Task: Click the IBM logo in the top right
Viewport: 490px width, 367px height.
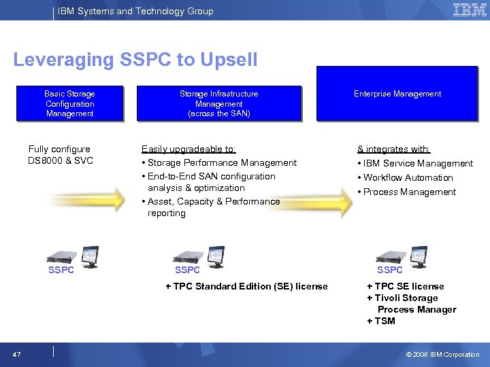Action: [x=470, y=10]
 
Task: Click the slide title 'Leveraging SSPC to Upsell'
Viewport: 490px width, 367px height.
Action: [x=135, y=60]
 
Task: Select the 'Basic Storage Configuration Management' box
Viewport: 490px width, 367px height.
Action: [x=70, y=104]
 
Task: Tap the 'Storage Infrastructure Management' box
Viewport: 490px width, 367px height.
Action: [x=219, y=104]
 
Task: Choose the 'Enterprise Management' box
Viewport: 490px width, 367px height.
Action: [x=397, y=94]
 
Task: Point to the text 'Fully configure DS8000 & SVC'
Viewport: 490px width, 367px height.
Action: [x=60, y=155]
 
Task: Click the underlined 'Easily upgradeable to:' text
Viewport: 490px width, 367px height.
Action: [x=189, y=149]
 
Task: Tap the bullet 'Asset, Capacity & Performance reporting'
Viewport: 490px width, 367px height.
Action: [x=211, y=207]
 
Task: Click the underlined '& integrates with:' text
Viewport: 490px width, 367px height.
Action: [x=394, y=149]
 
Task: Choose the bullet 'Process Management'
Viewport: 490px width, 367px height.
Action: [x=410, y=192]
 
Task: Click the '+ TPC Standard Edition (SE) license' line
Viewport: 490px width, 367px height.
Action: [x=247, y=287]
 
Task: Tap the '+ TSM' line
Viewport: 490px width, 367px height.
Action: [x=381, y=321]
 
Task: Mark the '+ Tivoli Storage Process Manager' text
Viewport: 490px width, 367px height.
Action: [x=411, y=304]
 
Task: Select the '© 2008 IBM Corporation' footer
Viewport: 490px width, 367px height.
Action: [x=442, y=355]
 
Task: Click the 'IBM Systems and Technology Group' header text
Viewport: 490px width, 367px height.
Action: [x=135, y=11]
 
